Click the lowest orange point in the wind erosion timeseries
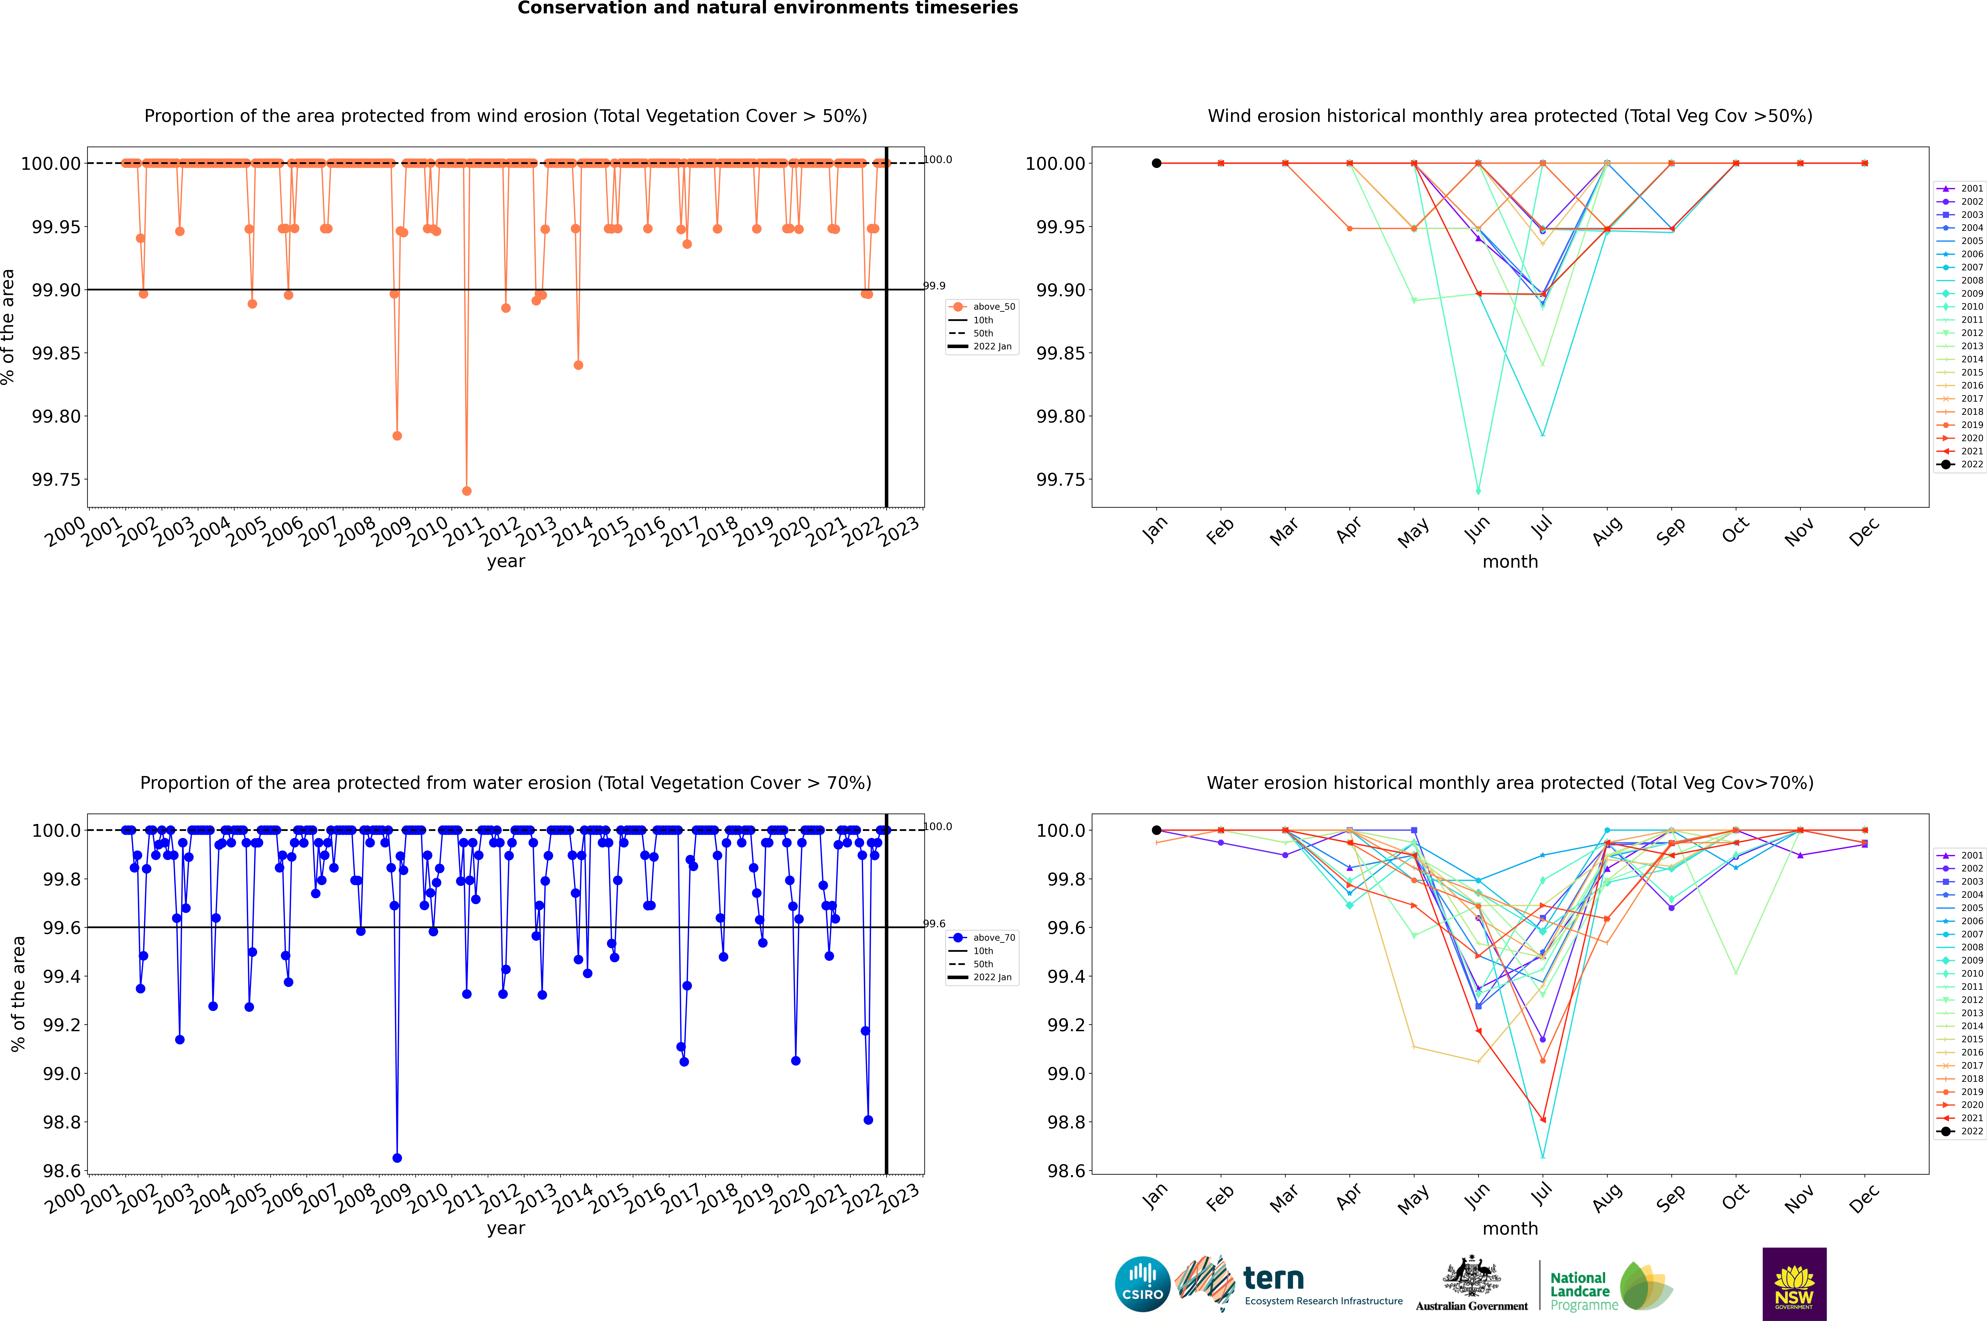pyautogui.click(x=467, y=491)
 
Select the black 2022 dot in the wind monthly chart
pyautogui.click(x=1157, y=164)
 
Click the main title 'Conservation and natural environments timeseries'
pyautogui.click(x=767, y=8)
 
